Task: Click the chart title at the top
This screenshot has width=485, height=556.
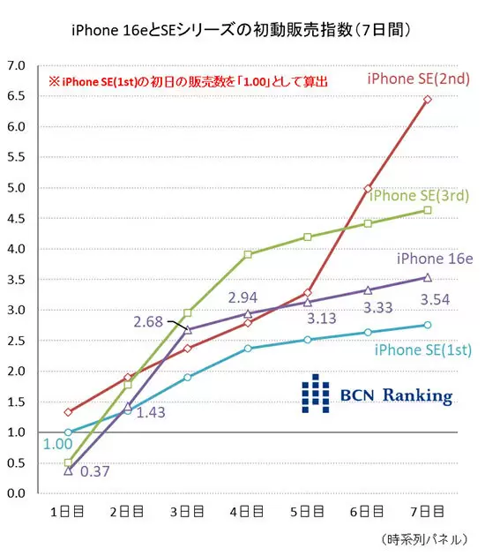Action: coord(242,30)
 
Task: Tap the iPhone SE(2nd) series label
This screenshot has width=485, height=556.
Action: coord(419,79)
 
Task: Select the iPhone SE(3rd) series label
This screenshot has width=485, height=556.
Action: coord(419,195)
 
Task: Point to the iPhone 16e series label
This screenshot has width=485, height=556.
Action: coord(435,259)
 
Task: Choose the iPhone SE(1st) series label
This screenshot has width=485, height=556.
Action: coord(423,350)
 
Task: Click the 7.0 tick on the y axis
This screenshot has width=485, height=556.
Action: coord(16,65)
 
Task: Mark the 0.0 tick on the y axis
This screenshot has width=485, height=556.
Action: coord(16,493)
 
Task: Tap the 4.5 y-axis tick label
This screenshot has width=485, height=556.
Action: coord(16,219)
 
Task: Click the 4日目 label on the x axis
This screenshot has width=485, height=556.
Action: coord(247,512)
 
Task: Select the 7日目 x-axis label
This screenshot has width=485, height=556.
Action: coord(428,512)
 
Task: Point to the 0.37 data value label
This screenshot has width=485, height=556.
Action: coord(95,471)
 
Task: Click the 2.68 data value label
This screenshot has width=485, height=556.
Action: coord(148,322)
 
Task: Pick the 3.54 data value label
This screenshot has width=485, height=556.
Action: coord(435,300)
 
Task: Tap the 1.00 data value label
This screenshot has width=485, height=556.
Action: coord(57,444)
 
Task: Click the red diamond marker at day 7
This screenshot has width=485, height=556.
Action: coord(428,99)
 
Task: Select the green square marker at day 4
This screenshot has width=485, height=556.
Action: coord(248,254)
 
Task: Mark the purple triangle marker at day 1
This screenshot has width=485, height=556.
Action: coord(69,471)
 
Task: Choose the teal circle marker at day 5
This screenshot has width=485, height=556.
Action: coord(308,340)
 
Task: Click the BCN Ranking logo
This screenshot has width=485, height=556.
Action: coord(377,394)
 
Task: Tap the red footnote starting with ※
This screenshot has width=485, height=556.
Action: coord(188,82)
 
